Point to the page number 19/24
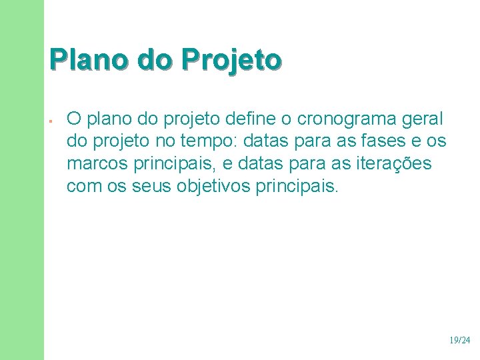[459, 340]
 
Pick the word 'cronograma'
[345, 119]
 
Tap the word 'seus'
[152, 185]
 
